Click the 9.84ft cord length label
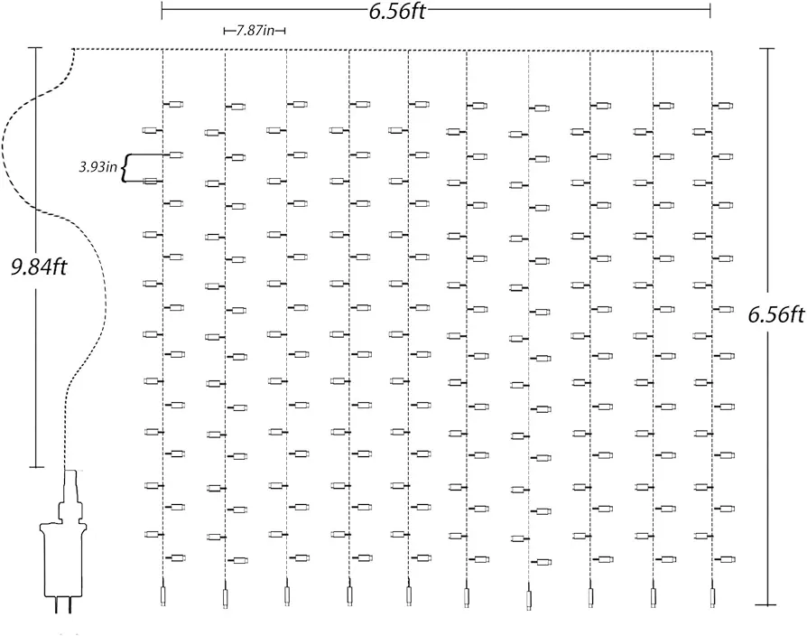click(x=39, y=267)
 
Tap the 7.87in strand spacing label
click(x=255, y=31)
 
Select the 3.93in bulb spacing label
click(x=97, y=167)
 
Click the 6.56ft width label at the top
click(x=397, y=11)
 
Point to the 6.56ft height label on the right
click(x=776, y=314)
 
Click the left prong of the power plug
click(x=56, y=605)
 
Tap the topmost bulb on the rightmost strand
click(x=725, y=106)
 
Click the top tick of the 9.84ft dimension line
click(x=35, y=48)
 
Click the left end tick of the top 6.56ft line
click(x=162, y=11)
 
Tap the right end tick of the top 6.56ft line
click(x=710, y=11)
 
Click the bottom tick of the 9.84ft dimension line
click(x=36, y=467)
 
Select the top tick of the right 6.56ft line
click(x=767, y=49)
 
